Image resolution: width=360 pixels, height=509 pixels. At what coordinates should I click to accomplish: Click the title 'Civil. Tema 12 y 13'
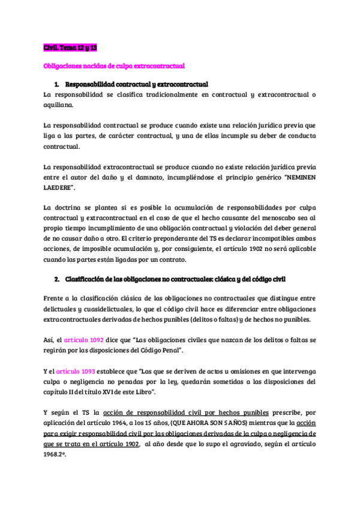pyautogui.click(x=70, y=47)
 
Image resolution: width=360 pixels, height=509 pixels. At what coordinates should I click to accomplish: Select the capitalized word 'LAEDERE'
pyautogui.click(x=59, y=188)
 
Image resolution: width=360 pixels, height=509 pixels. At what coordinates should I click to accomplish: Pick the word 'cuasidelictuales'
pyautogui.click(x=104, y=307)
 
